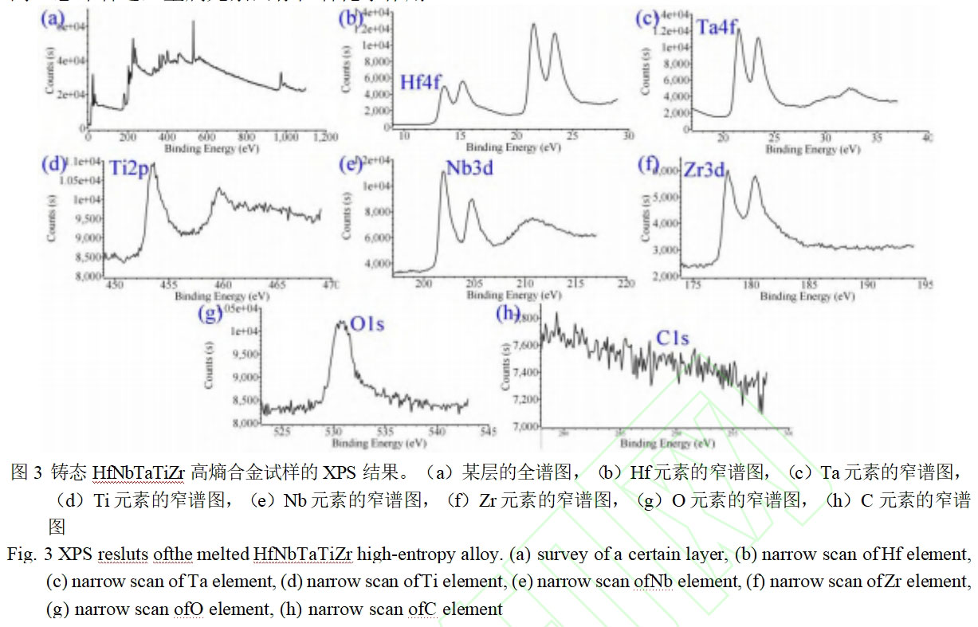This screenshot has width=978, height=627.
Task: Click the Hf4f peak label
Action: pyautogui.click(x=420, y=81)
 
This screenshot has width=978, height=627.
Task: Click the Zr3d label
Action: pyautogui.click(x=704, y=174)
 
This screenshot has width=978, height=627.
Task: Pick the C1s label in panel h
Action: pyautogui.click(x=673, y=339)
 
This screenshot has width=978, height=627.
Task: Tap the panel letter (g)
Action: pyautogui.click(x=210, y=313)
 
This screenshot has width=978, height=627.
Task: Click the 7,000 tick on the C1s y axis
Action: pyautogui.click(x=525, y=427)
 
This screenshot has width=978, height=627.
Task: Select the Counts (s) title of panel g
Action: pyautogui.click(x=209, y=368)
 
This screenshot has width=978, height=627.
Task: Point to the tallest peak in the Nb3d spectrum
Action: pyautogui.click(x=443, y=172)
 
